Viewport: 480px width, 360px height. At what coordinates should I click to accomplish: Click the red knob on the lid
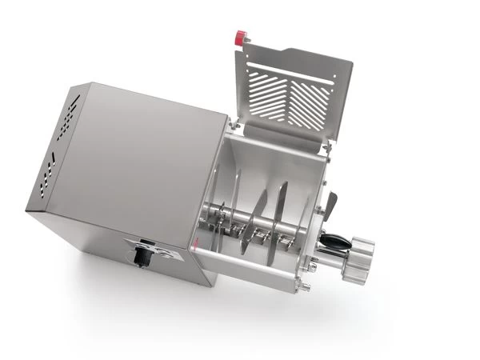point(239,37)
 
